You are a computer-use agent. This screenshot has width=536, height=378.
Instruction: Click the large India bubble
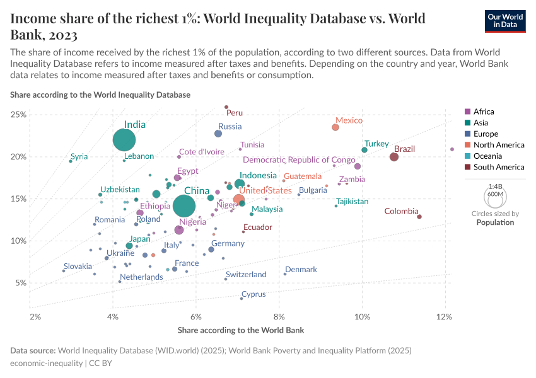point(125,140)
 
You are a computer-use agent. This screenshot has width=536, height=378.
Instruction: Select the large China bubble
point(184,206)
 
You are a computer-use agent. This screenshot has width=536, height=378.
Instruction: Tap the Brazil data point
point(394,157)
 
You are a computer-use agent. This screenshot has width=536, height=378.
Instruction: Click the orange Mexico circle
point(335,127)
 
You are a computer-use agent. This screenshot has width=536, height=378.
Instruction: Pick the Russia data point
point(218,134)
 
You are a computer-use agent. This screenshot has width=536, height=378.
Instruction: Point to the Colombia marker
point(419,217)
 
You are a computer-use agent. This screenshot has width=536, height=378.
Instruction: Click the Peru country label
point(235,113)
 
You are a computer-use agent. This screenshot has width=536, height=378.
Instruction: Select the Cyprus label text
point(254,294)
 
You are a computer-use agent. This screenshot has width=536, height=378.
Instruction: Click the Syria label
point(79,157)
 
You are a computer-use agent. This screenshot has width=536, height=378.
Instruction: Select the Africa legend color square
point(467,112)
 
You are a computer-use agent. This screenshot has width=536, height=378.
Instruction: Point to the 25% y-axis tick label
point(18,115)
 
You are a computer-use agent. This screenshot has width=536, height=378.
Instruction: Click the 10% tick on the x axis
point(362,315)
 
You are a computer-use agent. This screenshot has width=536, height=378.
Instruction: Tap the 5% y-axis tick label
point(20,283)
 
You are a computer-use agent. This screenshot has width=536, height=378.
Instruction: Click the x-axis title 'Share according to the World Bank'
point(241,330)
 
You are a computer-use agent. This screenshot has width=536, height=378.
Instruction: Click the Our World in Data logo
point(504,21)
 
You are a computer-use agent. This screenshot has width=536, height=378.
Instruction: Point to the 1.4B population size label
point(495,186)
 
